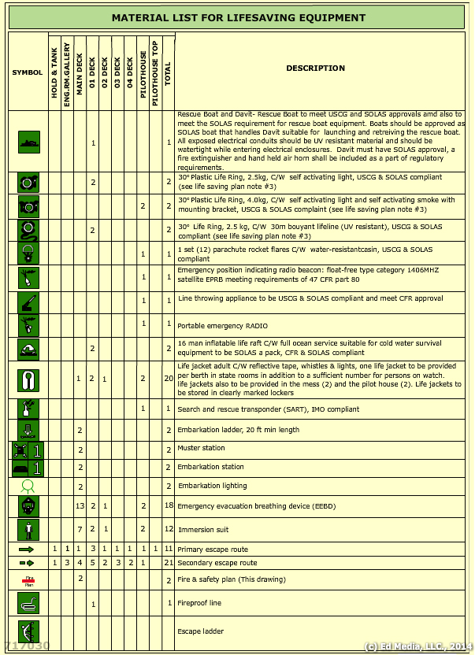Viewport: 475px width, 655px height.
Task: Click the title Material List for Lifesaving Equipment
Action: pos(238,17)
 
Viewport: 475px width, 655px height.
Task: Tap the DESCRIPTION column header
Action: pos(315,68)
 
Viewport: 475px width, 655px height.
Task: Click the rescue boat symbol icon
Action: pos(28,142)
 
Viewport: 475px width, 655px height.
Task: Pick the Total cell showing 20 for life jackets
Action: pos(169,379)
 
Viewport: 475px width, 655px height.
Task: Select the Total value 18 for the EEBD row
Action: pos(169,505)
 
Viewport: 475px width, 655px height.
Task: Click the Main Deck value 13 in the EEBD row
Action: pos(80,505)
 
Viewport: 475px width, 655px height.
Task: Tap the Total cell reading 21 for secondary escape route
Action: pos(169,563)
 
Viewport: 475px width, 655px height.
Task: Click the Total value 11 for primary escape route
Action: pos(169,548)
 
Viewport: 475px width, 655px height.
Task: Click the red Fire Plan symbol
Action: pos(28,580)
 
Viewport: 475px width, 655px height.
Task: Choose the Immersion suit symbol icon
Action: pos(28,528)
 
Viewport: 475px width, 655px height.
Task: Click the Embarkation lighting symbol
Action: pos(28,486)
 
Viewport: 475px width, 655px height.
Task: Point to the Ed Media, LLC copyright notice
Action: pos(417,646)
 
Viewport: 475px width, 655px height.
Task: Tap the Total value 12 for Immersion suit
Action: pos(169,529)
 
